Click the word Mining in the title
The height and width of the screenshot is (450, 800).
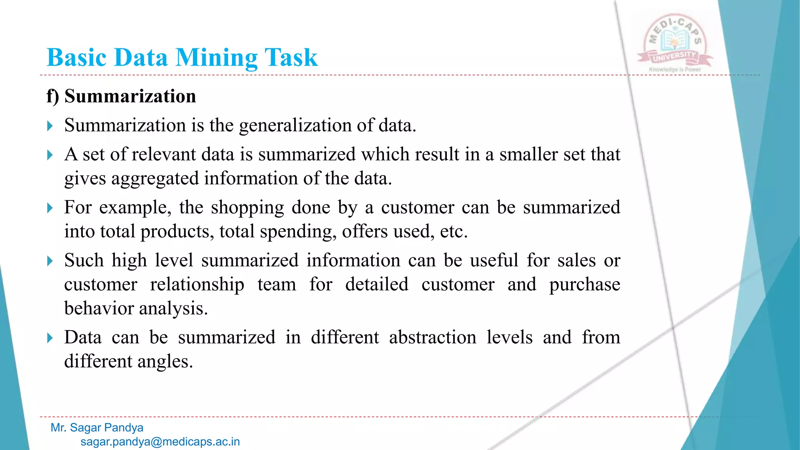pyautogui.click(x=216, y=58)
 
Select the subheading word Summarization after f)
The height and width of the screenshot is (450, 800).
pyautogui.click(x=130, y=96)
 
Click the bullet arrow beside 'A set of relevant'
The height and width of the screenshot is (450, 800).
pyautogui.click(x=50, y=155)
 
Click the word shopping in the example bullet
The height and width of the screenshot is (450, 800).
pyautogui.click(x=247, y=207)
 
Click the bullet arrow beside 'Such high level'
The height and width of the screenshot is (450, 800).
pyautogui.click(x=50, y=261)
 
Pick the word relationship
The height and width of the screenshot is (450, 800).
pyautogui.click(x=197, y=284)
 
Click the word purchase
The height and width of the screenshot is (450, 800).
pyautogui.click(x=584, y=285)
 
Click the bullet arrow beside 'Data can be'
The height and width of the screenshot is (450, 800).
pyautogui.click(x=50, y=338)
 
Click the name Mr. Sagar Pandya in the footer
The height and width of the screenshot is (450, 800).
pyautogui.click(x=97, y=428)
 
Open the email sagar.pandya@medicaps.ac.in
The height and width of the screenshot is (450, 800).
pyautogui.click(x=160, y=442)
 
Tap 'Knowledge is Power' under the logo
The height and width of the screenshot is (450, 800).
pyautogui.click(x=675, y=70)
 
